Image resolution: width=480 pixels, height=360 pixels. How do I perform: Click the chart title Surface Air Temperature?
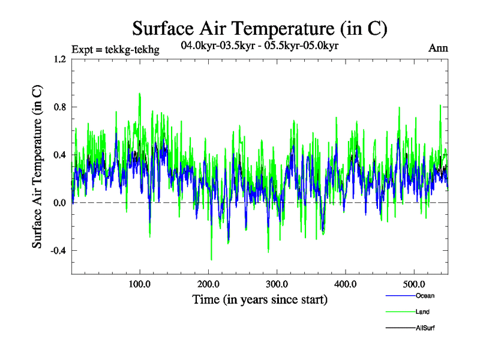click(259, 28)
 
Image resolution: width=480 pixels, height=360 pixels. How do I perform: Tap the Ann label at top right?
click(438, 48)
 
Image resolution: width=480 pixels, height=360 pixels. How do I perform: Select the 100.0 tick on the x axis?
click(140, 283)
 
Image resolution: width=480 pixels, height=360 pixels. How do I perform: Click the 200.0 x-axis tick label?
click(209, 283)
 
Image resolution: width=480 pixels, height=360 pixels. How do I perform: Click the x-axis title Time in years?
click(260, 299)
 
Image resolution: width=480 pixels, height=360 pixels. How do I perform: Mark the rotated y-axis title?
click(37, 167)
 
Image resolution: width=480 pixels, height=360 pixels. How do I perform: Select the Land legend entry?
click(422, 311)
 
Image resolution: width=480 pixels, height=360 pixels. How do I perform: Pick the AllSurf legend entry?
click(425, 328)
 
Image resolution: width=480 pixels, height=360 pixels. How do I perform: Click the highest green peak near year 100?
click(139, 94)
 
